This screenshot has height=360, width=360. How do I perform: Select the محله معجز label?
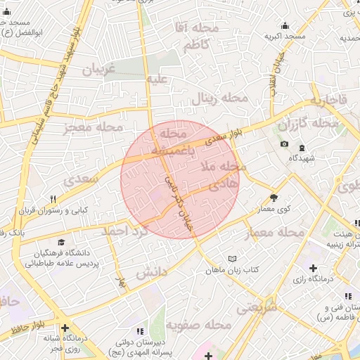tap(92, 127)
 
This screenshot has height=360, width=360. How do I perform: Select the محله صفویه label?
tap(204, 326)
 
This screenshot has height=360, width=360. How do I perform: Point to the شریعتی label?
tap(257, 307)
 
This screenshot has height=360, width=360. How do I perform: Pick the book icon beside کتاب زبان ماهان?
tap(233, 259)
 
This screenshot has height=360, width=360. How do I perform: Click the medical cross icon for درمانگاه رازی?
tap(313, 268)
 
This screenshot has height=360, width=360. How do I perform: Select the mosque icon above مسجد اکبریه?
tap(284, 25)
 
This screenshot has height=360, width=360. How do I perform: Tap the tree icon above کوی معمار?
tap(274, 198)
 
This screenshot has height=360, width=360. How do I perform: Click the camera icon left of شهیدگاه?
tap(284, 144)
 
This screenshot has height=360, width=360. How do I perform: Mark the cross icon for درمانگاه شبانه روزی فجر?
tap(65, 328)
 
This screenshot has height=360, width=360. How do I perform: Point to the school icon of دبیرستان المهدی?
tap(139, 330)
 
